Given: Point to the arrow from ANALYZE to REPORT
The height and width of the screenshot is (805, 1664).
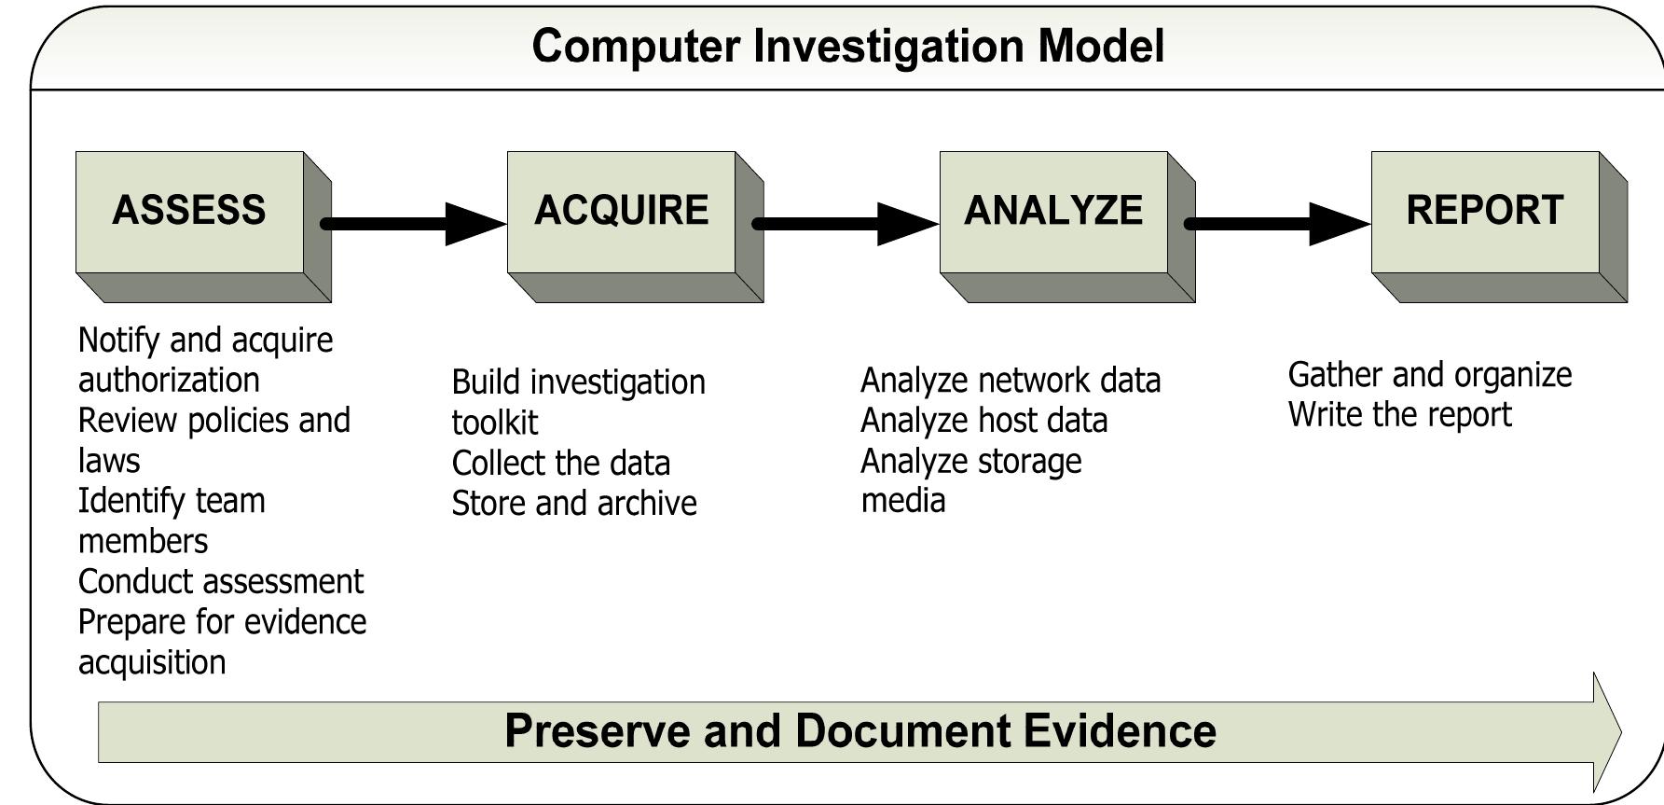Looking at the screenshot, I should pos(1278,224).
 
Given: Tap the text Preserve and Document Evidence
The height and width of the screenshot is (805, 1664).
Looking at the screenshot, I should pos(860,731).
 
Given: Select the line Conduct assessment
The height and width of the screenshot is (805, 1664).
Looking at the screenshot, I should pos(221,582).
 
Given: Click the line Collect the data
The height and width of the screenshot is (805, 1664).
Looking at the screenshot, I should pos(560,464).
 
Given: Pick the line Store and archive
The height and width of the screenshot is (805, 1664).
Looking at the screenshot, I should pos(574,504).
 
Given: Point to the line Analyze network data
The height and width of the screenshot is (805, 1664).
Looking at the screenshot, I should pos(1011,381).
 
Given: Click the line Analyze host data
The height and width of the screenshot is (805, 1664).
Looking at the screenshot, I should pos(983,421).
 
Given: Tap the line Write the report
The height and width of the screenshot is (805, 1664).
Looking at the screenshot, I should pos(1399,415).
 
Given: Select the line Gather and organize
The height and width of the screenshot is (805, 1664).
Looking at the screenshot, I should pos(1429,375).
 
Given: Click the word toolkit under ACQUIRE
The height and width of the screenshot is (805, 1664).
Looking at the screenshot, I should pos(494,423).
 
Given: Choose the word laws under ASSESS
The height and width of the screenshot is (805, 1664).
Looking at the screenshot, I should pos(109,461).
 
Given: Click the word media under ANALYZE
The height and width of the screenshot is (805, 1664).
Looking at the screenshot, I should pos(902,501).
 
